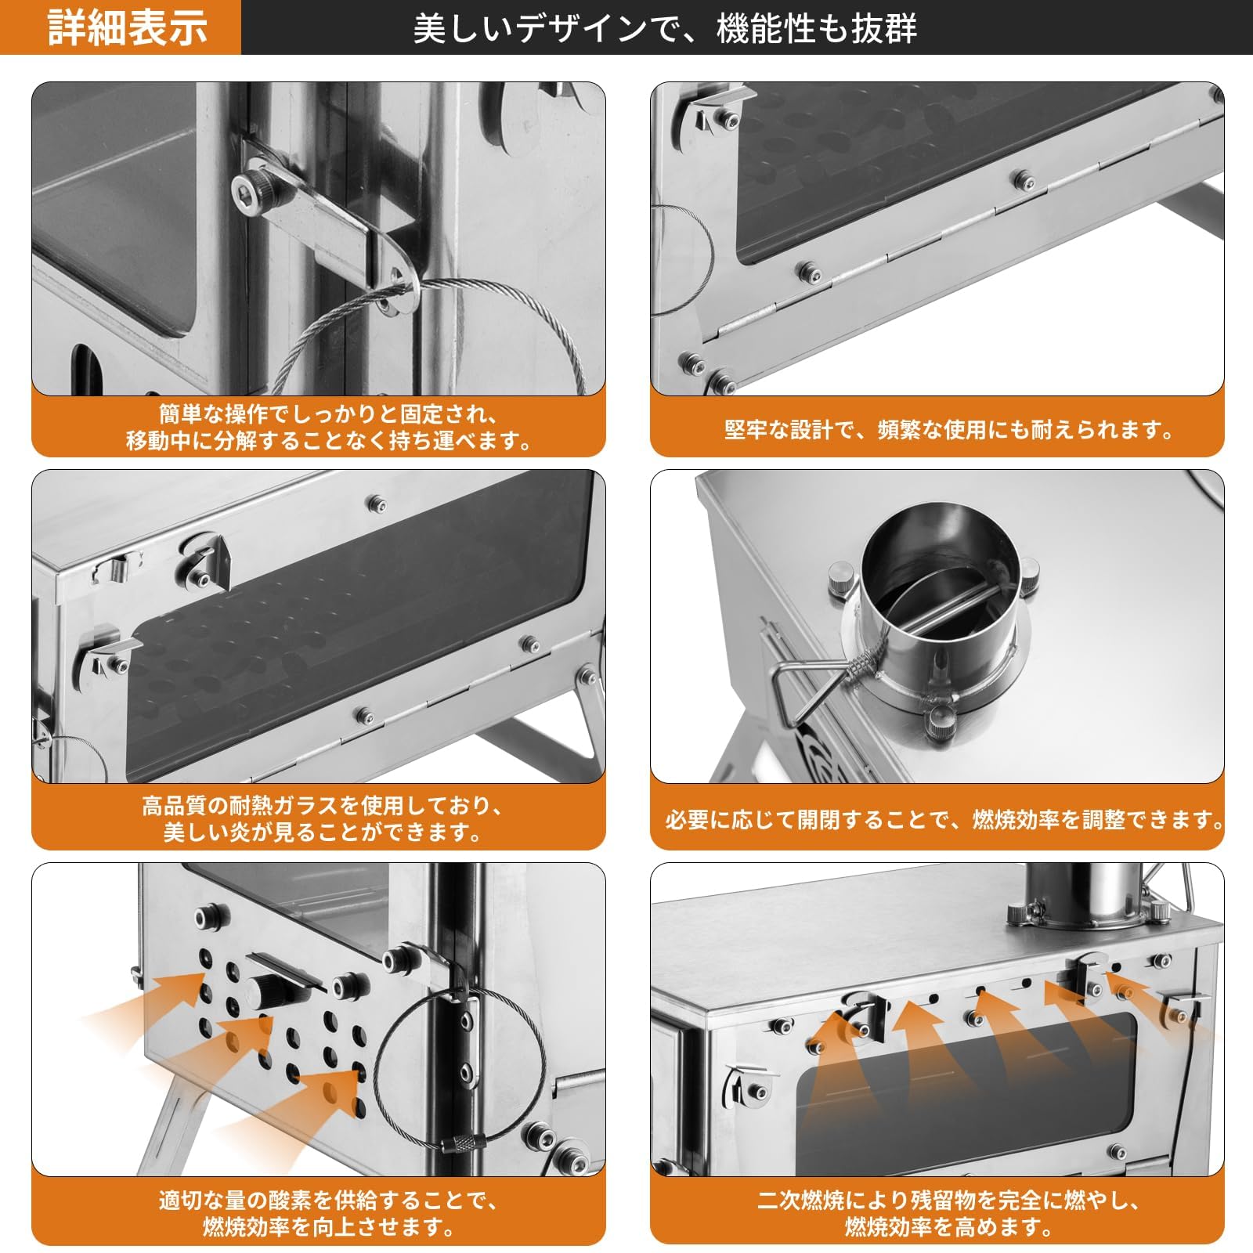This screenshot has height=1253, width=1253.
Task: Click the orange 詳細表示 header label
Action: [127, 27]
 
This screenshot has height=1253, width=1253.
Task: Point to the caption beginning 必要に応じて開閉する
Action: [944, 820]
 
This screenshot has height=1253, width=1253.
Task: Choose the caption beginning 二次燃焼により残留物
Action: [948, 1212]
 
